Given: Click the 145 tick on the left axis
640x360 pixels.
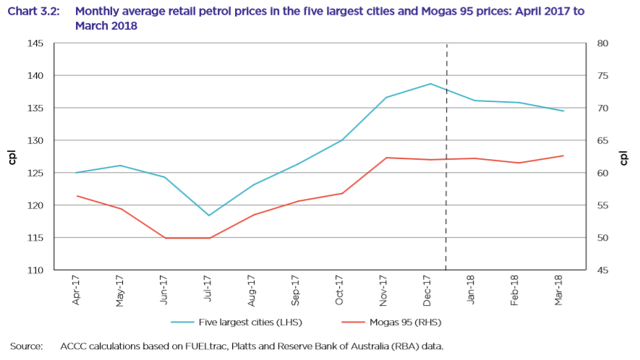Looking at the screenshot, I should click(x=36, y=44).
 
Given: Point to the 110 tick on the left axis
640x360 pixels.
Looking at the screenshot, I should click(x=36, y=270).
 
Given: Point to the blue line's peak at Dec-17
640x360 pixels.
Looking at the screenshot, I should click(x=430, y=84).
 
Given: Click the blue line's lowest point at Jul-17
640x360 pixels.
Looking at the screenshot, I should click(x=208, y=215).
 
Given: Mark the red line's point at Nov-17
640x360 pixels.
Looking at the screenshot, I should click(x=386, y=158).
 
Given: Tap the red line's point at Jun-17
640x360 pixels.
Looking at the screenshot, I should click(x=165, y=238).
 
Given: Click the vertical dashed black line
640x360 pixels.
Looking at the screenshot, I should click(x=446, y=181).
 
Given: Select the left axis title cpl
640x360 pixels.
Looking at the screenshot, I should click(x=12, y=157).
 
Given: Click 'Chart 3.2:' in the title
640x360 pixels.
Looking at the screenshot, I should click(x=34, y=12).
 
